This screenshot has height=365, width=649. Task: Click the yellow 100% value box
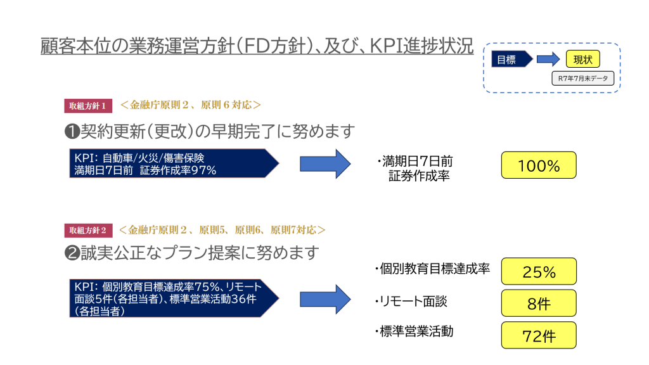coord(539,165)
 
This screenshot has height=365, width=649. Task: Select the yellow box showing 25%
coord(539,271)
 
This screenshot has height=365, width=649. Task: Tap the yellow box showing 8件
coord(539,303)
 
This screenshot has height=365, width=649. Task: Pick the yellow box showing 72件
coord(539,335)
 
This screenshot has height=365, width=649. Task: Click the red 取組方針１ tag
coord(88,105)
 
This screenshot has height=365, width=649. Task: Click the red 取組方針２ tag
coord(88,230)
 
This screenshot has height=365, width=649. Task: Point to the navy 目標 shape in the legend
coord(509,60)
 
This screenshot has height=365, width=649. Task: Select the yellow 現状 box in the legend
coord(582,60)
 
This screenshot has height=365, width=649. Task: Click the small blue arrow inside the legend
coord(548,60)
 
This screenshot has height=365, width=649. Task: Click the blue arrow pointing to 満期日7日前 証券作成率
coord(324,164)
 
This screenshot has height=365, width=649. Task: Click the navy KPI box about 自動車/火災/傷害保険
coord(171,163)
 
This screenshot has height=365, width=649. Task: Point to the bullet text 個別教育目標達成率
coord(434,269)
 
